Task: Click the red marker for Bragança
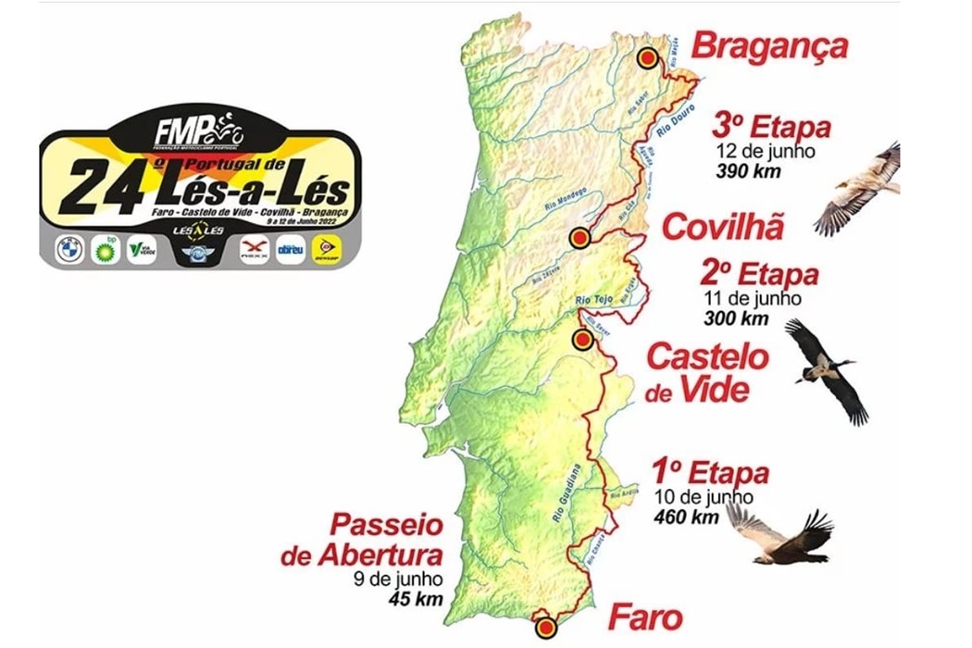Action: [x=647, y=57]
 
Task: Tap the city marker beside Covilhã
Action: [x=579, y=238]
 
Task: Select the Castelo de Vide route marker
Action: [x=582, y=341]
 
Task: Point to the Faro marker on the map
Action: [x=545, y=626]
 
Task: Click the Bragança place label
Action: [x=770, y=45]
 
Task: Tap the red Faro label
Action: [x=644, y=617]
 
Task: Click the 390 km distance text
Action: [x=747, y=170]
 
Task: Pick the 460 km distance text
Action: [x=685, y=517]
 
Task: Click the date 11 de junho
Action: [x=751, y=299]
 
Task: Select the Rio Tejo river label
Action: [x=594, y=300]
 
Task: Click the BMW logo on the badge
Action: [x=68, y=248]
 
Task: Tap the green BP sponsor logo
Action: [x=104, y=247]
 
